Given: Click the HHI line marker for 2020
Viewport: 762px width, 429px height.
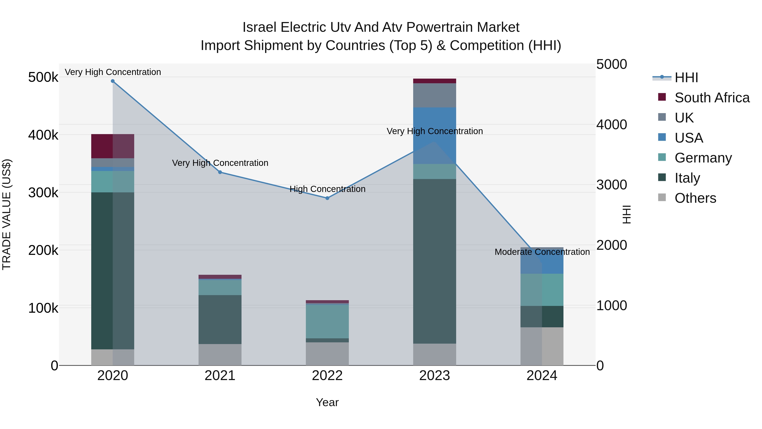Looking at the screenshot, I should (113, 81).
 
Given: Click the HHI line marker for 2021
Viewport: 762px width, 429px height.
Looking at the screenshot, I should (220, 172).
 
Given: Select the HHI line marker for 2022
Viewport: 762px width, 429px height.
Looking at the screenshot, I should (327, 198).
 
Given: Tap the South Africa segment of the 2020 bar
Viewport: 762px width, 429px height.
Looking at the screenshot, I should (113, 146).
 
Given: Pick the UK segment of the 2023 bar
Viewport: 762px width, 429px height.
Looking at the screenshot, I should (435, 95).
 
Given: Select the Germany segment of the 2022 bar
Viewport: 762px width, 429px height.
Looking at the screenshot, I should (327, 321).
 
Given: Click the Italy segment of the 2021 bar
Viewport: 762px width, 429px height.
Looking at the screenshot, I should (220, 319).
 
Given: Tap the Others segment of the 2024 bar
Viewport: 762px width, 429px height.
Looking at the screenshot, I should (542, 346).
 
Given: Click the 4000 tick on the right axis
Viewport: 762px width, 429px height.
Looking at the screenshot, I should (611, 124).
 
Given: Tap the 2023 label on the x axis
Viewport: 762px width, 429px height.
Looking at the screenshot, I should (435, 376).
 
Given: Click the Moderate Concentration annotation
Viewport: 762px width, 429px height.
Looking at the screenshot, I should (542, 252).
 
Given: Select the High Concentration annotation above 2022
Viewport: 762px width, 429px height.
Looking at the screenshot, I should (327, 189).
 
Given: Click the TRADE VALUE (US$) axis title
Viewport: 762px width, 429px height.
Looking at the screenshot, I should (7, 214).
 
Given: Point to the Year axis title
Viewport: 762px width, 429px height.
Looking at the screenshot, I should (327, 402).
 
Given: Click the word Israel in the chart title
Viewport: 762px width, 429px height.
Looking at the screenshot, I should (260, 27).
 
